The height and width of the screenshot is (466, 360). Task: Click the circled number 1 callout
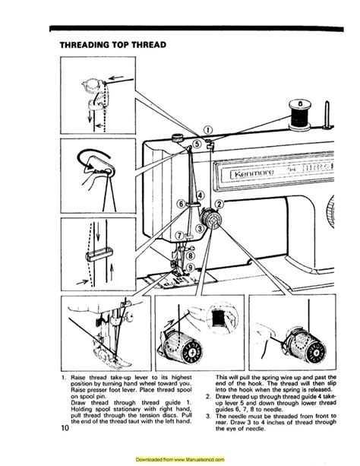(x=209, y=129)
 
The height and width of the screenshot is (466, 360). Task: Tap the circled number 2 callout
(x=219, y=204)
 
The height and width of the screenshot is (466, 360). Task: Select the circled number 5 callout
(x=197, y=143)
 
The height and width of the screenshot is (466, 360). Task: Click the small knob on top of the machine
(x=175, y=138)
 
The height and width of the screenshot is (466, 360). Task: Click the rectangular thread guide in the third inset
(x=91, y=249)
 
